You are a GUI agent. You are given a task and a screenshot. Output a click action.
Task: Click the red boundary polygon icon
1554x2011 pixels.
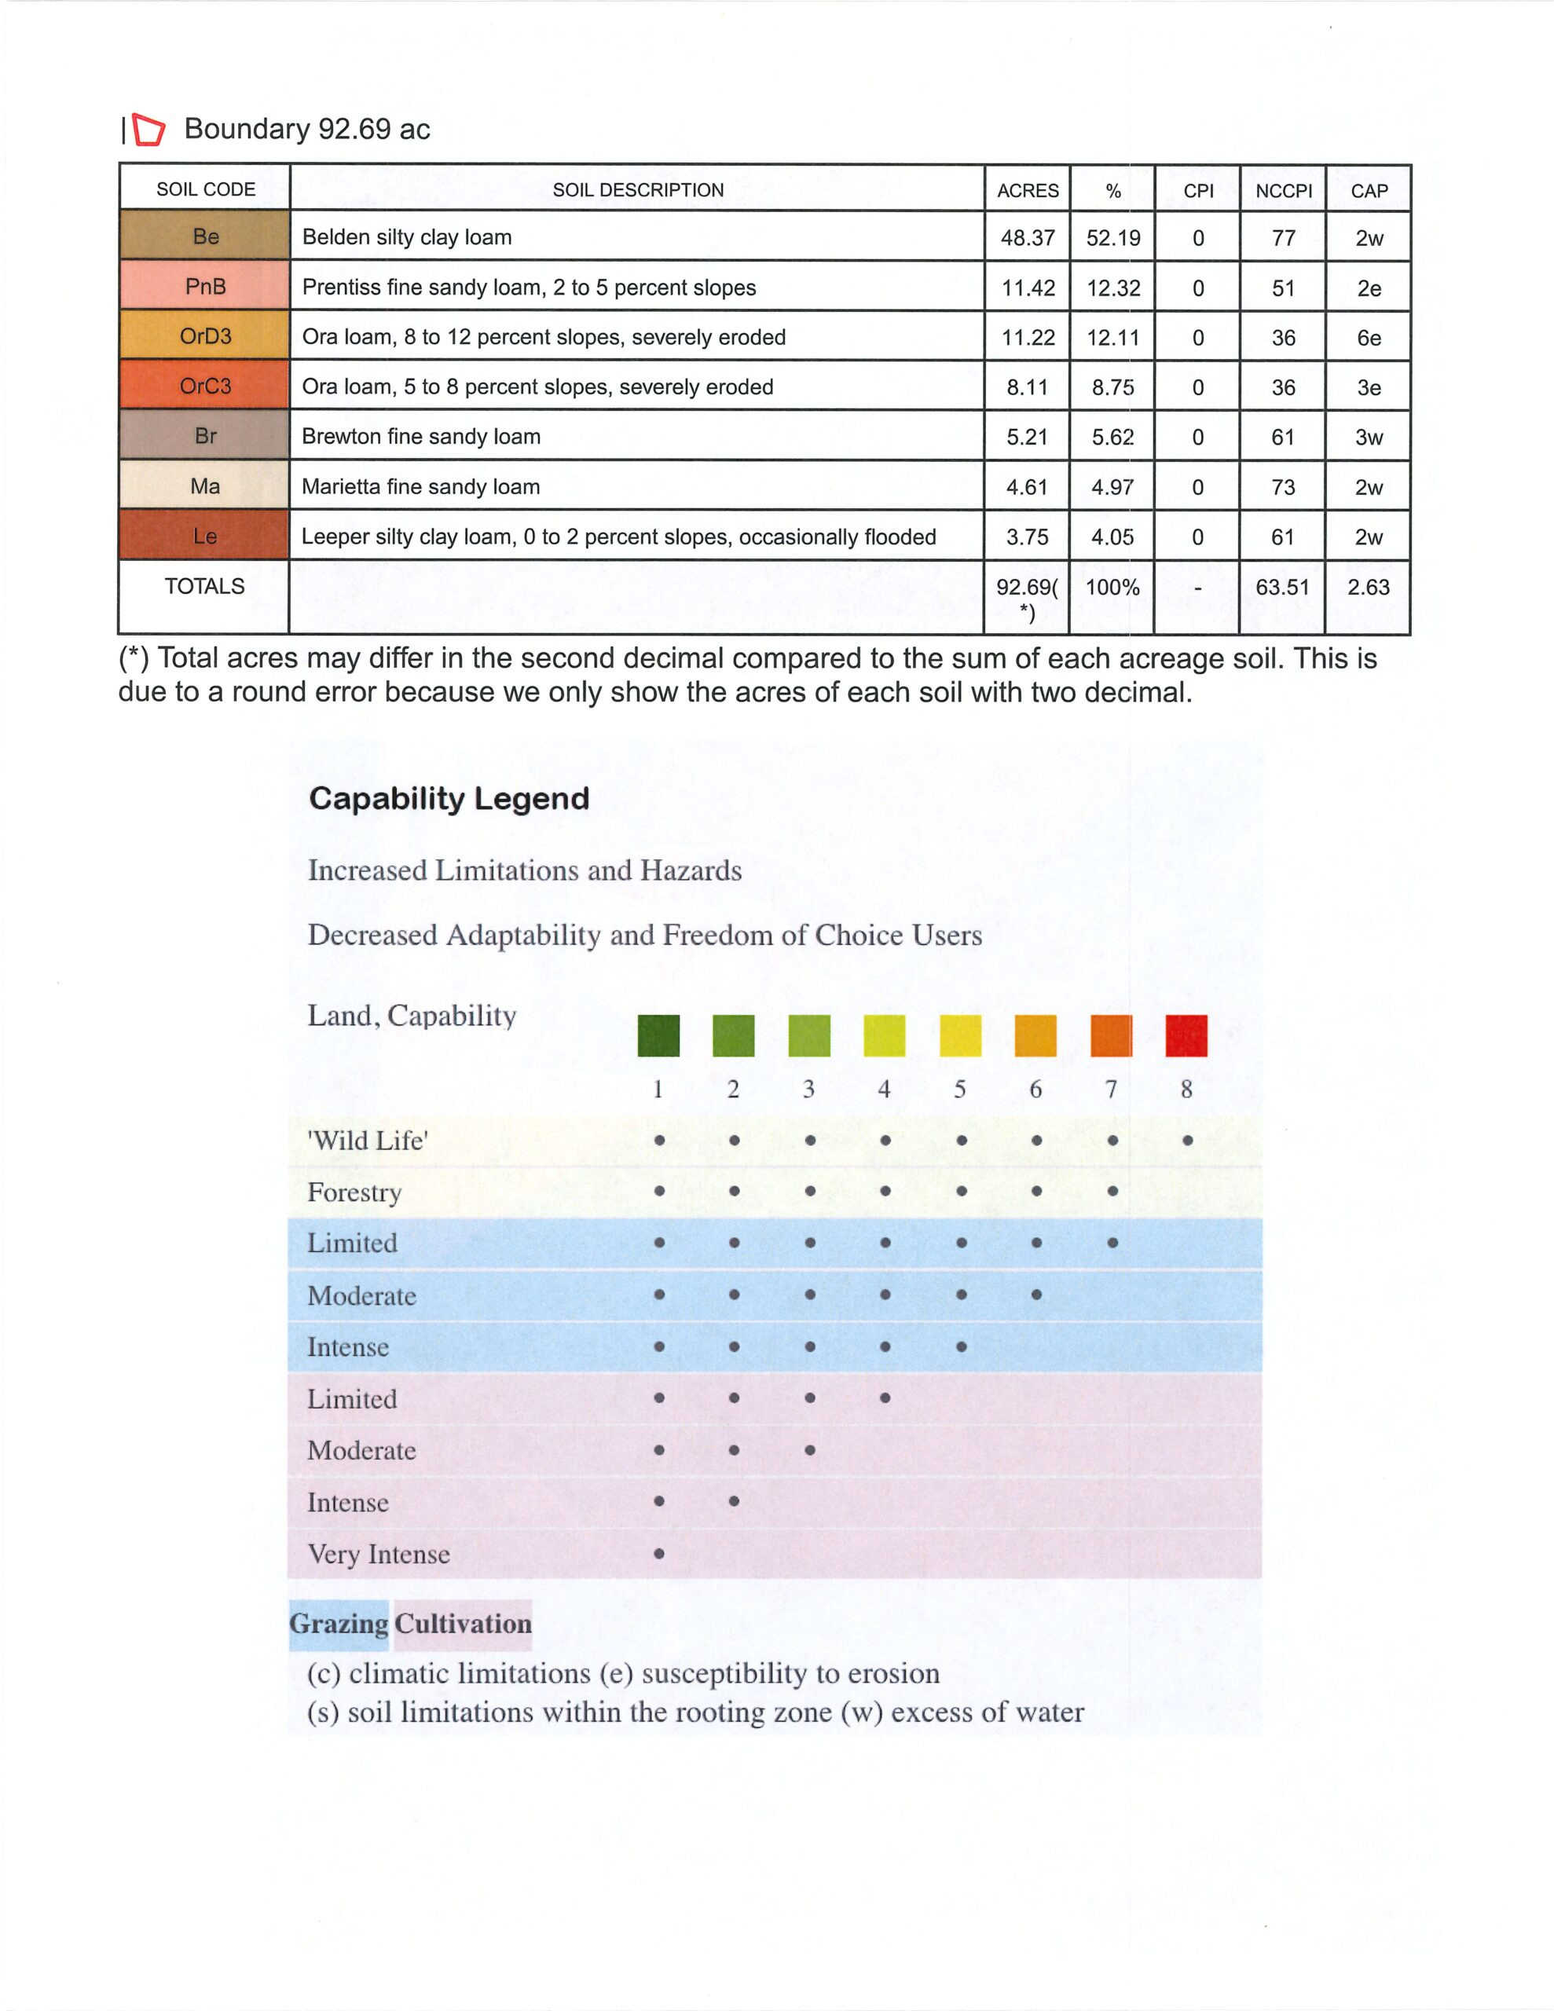pyautogui.click(x=148, y=130)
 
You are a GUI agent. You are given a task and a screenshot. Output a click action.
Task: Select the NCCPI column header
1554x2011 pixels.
pyautogui.click(x=1283, y=191)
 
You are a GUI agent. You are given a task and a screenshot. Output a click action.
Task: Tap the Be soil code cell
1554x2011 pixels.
pyautogui.click(x=205, y=236)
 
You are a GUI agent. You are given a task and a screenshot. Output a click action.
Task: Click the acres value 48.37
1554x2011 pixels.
pyautogui.click(x=1027, y=237)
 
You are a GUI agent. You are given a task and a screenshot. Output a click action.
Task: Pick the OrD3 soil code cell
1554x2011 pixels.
pyautogui.click(x=205, y=336)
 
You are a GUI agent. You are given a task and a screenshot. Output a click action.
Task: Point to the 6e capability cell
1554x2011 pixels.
pyautogui.click(x=1368, y=338)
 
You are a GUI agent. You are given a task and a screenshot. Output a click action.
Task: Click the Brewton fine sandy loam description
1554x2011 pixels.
pyautogui.click(x=421, y=437)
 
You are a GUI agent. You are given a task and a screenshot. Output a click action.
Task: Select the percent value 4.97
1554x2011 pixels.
pyautogui.click(x=1112, y=487)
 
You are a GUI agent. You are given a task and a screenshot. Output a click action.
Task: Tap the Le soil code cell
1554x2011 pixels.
pyautogui.click(x=205, y=537)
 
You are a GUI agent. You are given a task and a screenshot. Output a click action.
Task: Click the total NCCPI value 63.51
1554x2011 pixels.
pyautogui.click(x=1282, y=587)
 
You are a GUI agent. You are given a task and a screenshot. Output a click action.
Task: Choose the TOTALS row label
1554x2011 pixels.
pyautogui.click(x=204, y=587)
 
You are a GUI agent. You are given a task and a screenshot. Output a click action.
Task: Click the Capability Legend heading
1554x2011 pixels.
pyautogui.click(x=449, y=798)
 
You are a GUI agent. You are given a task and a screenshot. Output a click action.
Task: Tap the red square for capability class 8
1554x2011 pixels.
pyautogui.click(x=1186, y=1035)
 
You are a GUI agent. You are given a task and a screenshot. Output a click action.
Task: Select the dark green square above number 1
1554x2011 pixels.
pyautogui.click(x=658, y=1035)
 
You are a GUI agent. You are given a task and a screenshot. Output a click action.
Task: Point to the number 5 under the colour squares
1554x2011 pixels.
pyautogui.click(x=960, y=1090)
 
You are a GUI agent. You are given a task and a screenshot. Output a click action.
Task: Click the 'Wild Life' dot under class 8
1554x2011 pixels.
pyautogui.click(x=1187, y=1140)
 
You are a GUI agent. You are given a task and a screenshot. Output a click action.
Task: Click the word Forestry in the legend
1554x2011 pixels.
pyautogui.click(x=354, y=1192)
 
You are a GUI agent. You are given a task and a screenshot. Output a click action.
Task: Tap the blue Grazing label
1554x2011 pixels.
pyautogui.click(x=338, y=1624)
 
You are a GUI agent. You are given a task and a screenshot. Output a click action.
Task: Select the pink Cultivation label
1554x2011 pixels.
pyautogui.click(x=464, y=1624)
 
